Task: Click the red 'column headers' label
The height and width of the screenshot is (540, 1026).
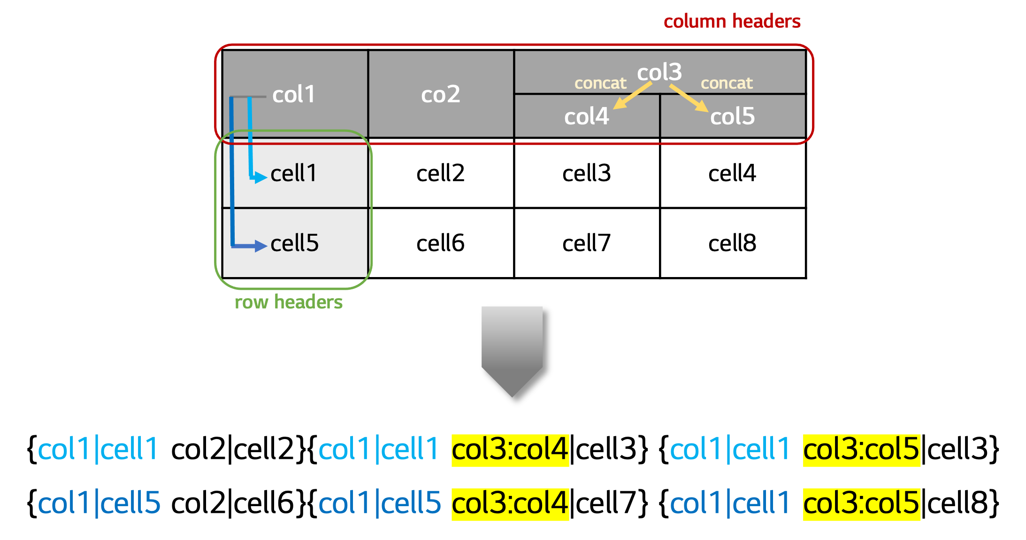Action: point(732,22)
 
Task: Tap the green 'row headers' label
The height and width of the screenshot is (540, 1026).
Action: point(289,302)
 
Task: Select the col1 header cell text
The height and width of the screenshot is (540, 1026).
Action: point(294,94)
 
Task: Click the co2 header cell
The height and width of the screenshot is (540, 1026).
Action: point(440,94)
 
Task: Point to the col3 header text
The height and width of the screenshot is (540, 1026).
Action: point(659,72)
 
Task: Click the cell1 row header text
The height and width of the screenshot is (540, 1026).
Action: point(294,173)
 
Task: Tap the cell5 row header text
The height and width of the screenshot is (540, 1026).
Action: point(294,243)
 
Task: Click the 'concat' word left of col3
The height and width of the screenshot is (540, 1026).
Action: point(600,83)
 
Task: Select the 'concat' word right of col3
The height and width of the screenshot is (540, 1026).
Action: point(727,83)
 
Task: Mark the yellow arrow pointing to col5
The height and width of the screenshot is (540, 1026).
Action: point(689,98)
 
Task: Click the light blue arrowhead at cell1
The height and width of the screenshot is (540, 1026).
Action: point(260,177)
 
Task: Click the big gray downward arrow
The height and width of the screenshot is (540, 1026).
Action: point(512,350)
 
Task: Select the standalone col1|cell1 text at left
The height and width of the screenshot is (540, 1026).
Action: point(98,449)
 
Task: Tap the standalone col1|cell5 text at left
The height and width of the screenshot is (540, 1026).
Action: point(99,503)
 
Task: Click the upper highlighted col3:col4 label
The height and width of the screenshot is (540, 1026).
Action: point(510,450)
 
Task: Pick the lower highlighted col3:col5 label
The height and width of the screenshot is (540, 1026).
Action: point(861,504)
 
